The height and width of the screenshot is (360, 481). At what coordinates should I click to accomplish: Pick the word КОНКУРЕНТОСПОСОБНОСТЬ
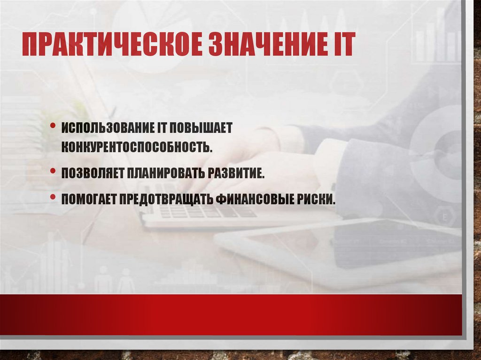click(136, 147)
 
